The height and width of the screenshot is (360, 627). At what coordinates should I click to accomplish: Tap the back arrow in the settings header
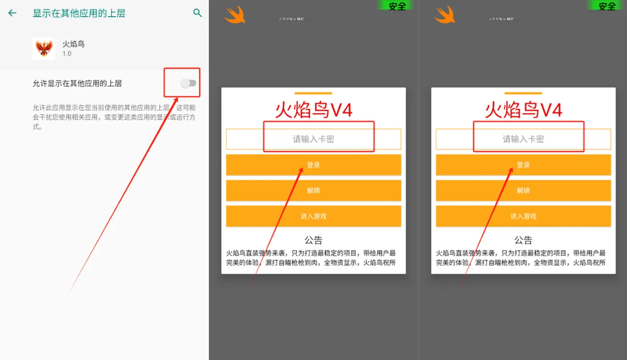point(12,13)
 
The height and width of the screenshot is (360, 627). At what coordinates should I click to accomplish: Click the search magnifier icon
point(197,13)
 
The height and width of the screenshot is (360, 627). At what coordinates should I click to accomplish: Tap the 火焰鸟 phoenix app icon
point(44,48)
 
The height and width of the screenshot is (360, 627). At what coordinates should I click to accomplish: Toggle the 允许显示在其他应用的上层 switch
point(189,83)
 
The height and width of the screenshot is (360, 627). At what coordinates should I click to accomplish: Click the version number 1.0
point(67,54)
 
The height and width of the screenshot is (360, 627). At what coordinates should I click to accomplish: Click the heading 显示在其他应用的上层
point(79,13)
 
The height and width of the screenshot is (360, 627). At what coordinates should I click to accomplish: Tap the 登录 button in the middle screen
point(313,165)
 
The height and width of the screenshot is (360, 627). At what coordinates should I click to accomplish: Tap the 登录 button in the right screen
point(523,165)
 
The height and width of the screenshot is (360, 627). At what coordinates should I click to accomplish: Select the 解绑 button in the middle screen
point(313,191)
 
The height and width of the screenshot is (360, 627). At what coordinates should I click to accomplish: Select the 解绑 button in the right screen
point(523,191)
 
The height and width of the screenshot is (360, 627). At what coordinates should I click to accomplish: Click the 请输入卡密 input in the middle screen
point(313,139)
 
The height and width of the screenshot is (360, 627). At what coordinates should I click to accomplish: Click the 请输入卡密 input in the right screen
point(523,139)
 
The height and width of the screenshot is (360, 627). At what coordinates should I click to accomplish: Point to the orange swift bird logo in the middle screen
point(235,15)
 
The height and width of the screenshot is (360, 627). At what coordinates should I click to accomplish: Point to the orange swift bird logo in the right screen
point(444,15)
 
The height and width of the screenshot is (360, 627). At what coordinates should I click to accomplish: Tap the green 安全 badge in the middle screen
point(397,6)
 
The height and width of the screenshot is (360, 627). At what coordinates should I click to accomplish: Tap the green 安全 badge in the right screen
point(607,6)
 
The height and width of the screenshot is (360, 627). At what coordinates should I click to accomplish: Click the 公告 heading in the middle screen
point(313,240)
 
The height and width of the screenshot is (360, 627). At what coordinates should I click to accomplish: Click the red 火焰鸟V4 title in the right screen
point(523,110)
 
